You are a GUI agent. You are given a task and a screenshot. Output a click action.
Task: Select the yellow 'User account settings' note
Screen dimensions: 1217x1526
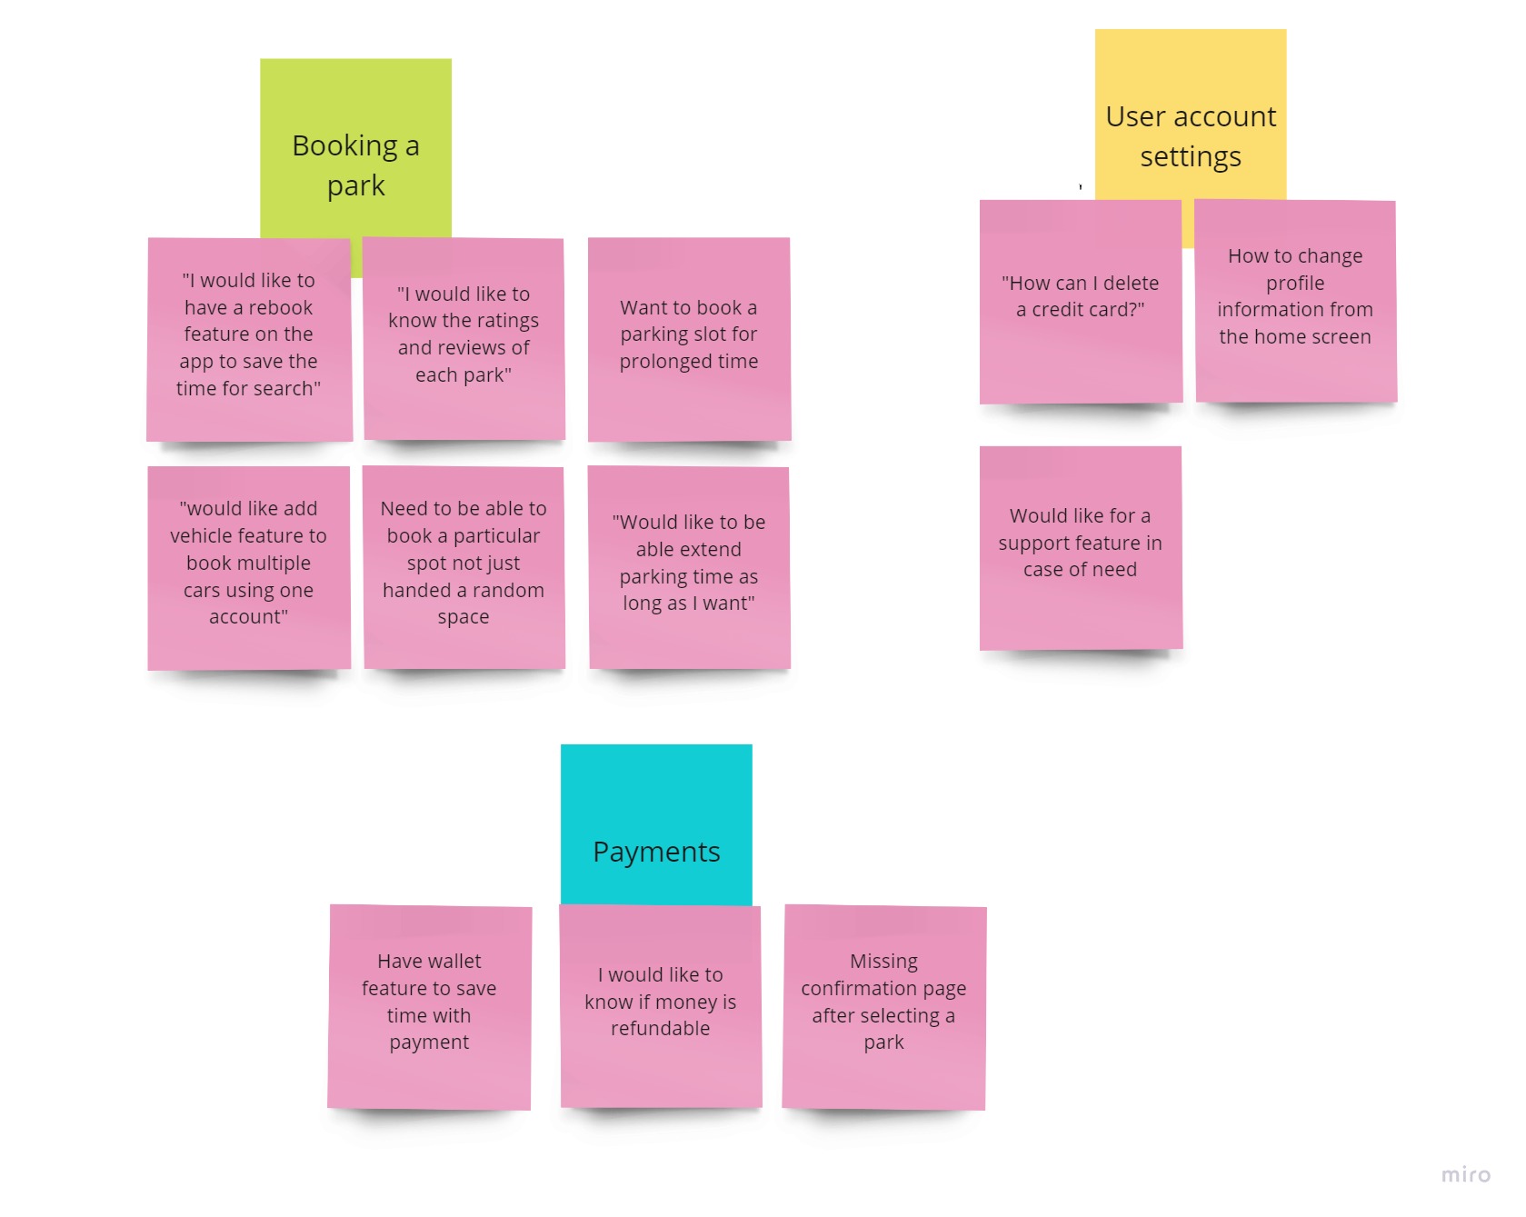tap(1190, 118)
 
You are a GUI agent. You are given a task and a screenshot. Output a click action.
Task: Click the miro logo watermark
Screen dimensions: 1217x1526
tap(1465, 1174)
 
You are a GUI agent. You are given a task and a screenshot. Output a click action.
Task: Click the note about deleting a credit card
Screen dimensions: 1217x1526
tap(1081, 301)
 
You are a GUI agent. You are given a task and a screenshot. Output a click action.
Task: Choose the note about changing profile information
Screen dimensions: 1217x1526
tap(1295, 300)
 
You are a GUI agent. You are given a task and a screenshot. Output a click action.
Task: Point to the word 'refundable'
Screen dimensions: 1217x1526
tap(660, 1028)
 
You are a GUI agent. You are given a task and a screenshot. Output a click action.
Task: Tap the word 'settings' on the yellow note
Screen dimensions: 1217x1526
tap(1190, 156)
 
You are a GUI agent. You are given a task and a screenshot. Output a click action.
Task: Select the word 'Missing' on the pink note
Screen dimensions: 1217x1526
tap(883, 961)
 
